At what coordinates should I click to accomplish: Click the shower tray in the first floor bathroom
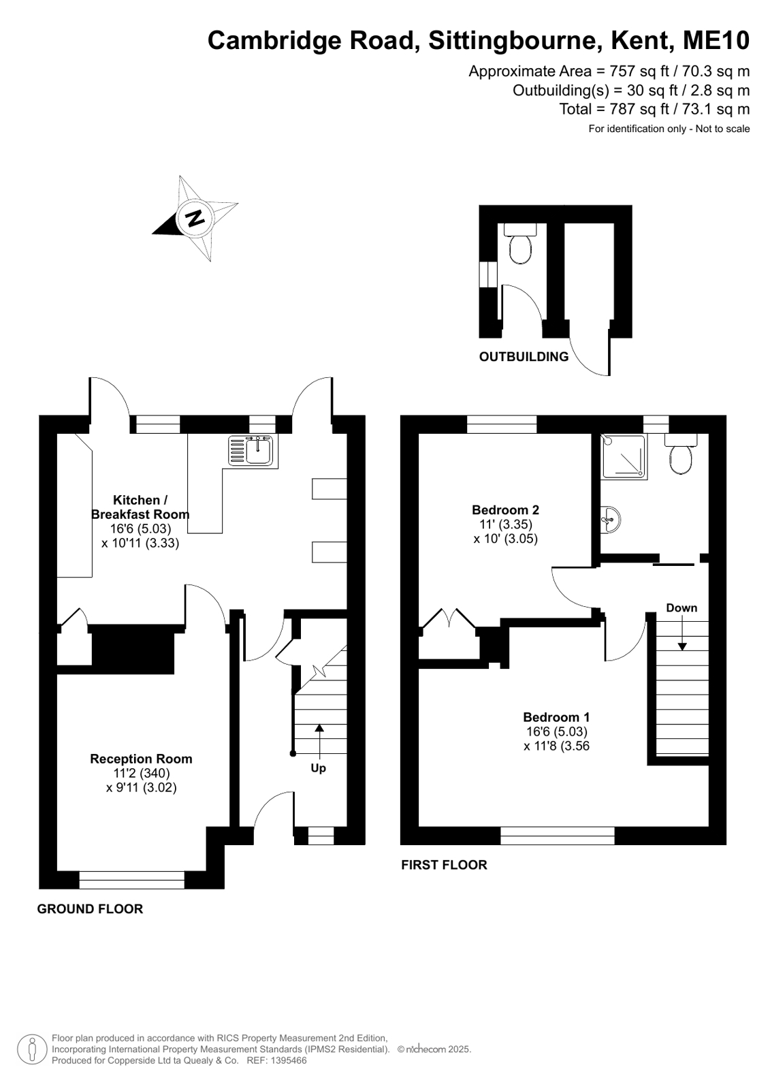[625, 456]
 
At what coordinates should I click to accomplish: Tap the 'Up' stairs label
[319, 768]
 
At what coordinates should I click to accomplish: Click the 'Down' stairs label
[681, 607]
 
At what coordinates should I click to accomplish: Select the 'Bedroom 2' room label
[506, 510]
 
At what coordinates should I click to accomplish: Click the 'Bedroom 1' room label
[557, 717]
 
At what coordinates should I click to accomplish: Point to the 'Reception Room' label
[141, 759]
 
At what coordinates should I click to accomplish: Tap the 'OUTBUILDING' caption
[524, 357]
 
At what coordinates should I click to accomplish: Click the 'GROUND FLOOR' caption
[90, 909]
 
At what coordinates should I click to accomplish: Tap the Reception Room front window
[131, 880]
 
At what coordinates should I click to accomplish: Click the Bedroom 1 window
[558, 836]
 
